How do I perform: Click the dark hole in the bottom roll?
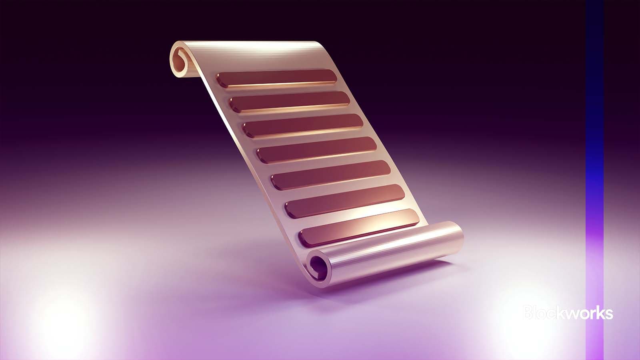pos(319,265)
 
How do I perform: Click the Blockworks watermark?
pos(568,313)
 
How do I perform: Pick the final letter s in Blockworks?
pos(608,314)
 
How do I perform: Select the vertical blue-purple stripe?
pos(594,180)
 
